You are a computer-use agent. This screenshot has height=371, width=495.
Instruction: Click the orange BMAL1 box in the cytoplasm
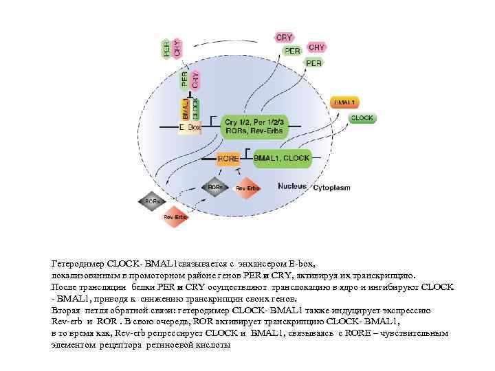click(x=344, y=102)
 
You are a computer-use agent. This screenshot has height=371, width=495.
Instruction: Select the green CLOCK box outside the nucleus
click(x=362, y=118)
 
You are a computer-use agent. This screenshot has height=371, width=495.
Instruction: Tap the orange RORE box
click(x=228, y=159)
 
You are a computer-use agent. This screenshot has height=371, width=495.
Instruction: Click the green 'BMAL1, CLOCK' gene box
click(x=282, y=158)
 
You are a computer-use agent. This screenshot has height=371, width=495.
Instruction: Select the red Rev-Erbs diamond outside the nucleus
click(x=176, y=217)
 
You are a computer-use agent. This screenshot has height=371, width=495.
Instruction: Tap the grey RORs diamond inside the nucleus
click(x=215, y=187)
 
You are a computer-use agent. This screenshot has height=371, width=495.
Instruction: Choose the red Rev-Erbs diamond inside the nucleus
click(x=247, y=188)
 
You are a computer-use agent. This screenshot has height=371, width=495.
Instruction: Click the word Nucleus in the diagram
click(x=292, y=186)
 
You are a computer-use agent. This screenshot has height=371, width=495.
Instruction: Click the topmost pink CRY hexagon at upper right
click(x=284, y=37)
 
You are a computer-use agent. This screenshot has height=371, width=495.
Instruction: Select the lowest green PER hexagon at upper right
click(x=313, y=63)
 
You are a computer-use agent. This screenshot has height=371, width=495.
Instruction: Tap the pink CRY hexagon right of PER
click(x=317, y=48)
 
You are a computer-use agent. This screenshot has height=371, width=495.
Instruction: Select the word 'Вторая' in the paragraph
click(x=67, y=310)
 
